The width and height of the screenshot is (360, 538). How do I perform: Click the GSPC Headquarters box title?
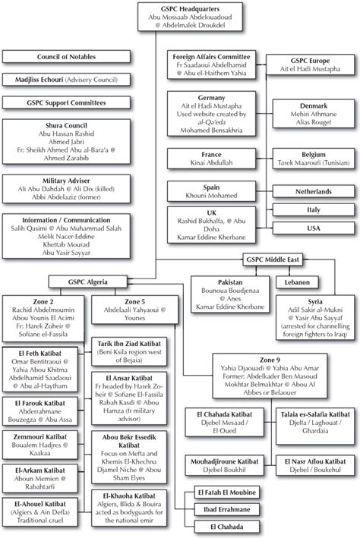pyautogui.click(x=181, y=7)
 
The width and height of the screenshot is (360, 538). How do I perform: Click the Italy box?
pyautogui.click(x=313, y=207)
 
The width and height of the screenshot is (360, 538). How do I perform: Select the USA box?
pyautogui.click(x=313, y=228)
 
